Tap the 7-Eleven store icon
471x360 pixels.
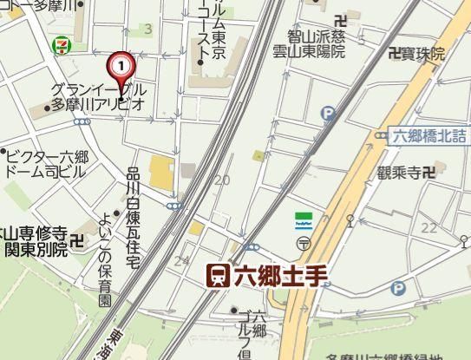click(x=60, y=43)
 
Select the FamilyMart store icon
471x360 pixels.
click(x=304, y=219)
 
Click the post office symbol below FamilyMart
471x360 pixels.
click(x=304, y=243)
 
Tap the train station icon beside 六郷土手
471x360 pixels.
click(x=218, y=276)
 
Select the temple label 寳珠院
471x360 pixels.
click(x=417, y=54)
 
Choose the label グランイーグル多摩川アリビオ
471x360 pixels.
click(x=97, y=96)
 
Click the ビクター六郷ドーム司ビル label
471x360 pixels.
click(x=48, y=164)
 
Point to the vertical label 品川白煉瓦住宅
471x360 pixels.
click(x=132, y=208)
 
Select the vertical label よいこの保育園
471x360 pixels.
click(x=105, y=259)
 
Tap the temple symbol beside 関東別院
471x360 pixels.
click(x=77, y=241)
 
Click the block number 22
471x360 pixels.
click(x=428, y=227)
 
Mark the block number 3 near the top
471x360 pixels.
click(x=147, y=29)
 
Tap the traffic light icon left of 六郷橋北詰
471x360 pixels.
click(x=382, y=135)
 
